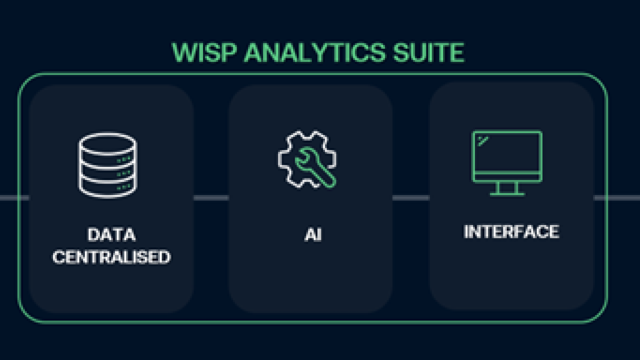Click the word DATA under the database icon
click(111, 234)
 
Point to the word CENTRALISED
click(111, 257)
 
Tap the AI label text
click(313, 234)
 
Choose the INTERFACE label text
click(511, 232)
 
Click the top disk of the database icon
click(107, 142)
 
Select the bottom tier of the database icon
click(107, 187)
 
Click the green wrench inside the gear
click(315, 170)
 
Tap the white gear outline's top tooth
click(307, 134)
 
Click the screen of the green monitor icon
click(507, 152)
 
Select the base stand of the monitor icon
click(507, 193)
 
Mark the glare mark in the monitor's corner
click(482, 140)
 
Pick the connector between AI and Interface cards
click(410, 198)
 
